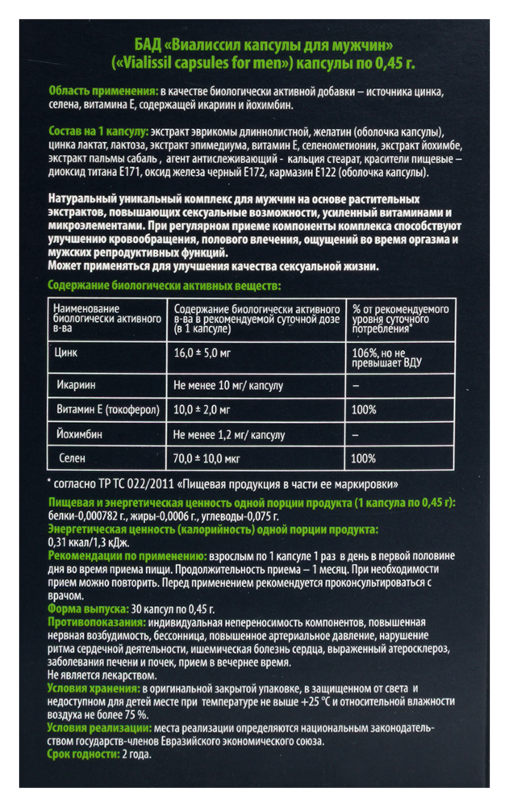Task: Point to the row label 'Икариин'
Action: click(x=73, y=386)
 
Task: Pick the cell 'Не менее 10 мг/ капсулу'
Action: click(x=228, y=386)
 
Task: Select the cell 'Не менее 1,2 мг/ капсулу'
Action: click(x=230, y=435)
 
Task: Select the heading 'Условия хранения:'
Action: click(x=94, y=688)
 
